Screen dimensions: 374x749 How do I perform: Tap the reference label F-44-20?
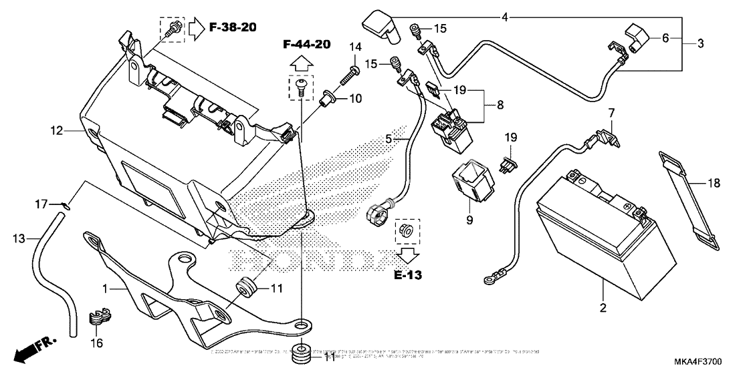[306, 45]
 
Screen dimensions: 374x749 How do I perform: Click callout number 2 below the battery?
[603, 308]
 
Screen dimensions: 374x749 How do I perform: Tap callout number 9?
[469, 219]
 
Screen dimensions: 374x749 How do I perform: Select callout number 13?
[19, 237]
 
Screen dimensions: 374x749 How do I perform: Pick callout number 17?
[40, 202]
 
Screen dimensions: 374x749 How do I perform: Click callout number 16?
[98, 343]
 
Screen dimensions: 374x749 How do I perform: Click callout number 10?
[355, 99]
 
